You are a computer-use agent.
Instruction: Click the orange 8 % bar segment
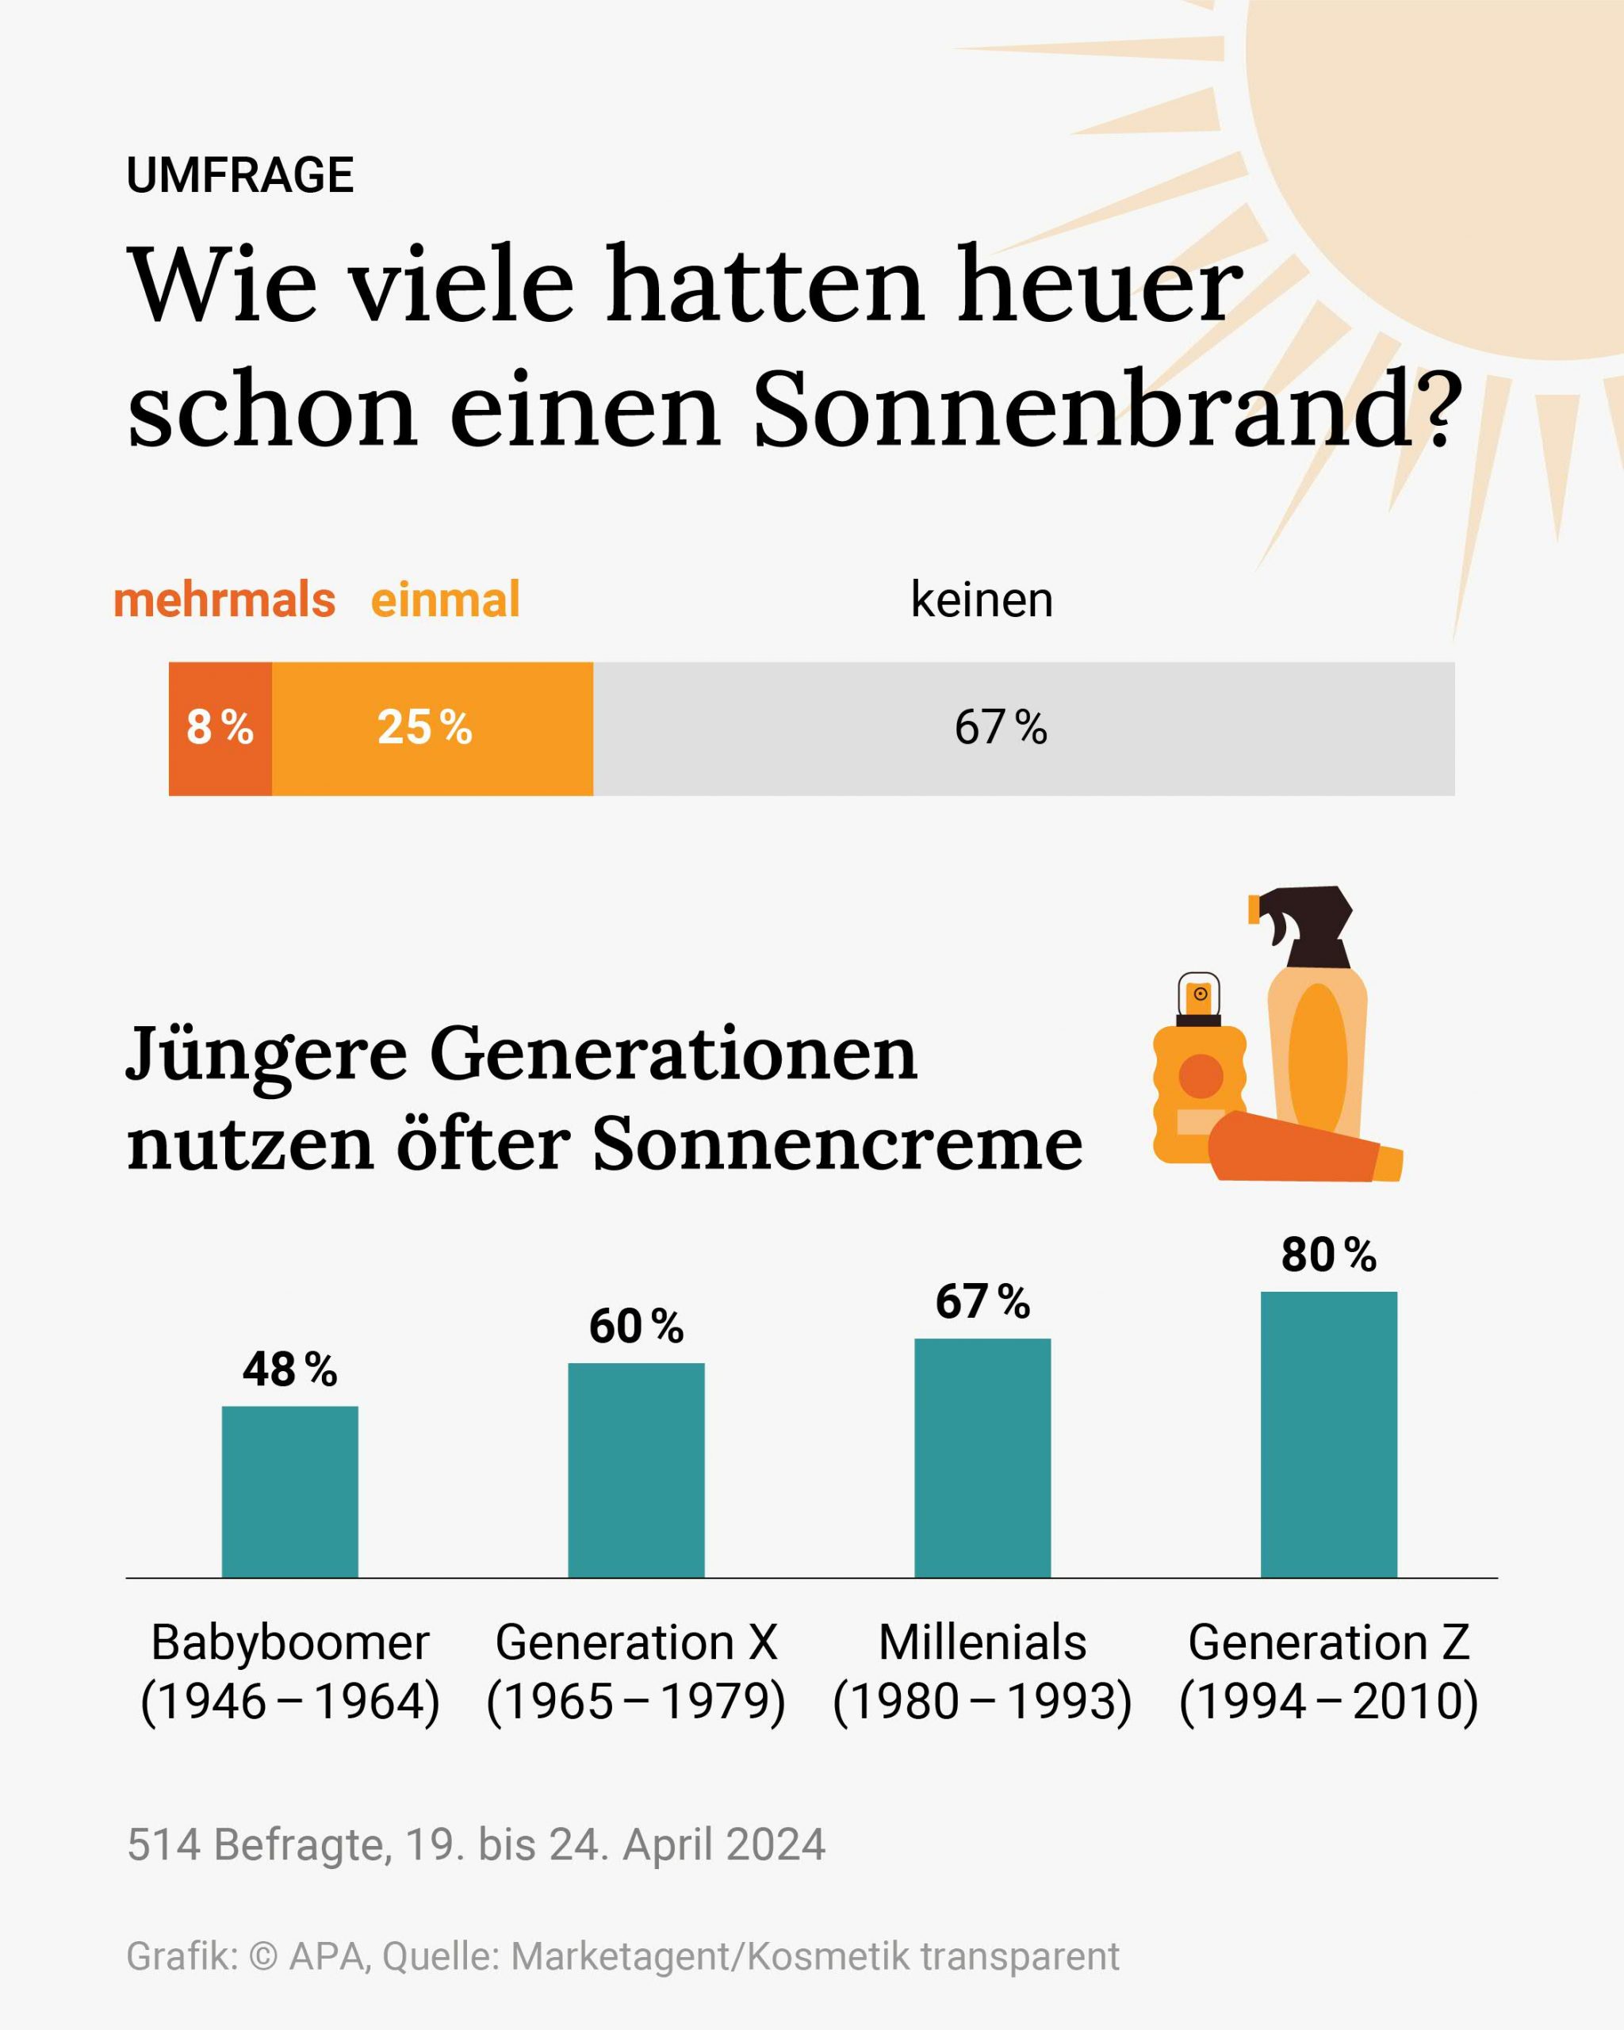(220, 729)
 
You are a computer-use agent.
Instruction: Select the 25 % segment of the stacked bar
(432, 729)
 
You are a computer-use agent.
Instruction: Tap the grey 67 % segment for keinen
(1024, 729)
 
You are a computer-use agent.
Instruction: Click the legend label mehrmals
(224, 599)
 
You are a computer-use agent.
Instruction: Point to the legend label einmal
(446, 599)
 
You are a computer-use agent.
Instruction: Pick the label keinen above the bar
(981, 599)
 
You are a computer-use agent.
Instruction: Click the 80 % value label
(1328, 1255)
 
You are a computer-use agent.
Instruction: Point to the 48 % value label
(290, 1370)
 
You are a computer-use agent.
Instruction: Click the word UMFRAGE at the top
(240, 175)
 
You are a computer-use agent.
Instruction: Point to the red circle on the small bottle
(1201, 1076)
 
